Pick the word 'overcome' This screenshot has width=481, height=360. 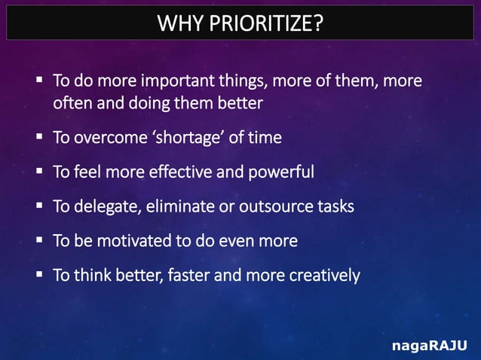coord(104,138)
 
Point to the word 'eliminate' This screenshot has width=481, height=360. coord(180,206)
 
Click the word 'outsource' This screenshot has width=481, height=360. coord(273,206)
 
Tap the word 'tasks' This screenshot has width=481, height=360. coord(335,206)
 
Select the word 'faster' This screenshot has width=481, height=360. coord(188,276)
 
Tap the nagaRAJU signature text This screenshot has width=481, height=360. coord(429,346)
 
